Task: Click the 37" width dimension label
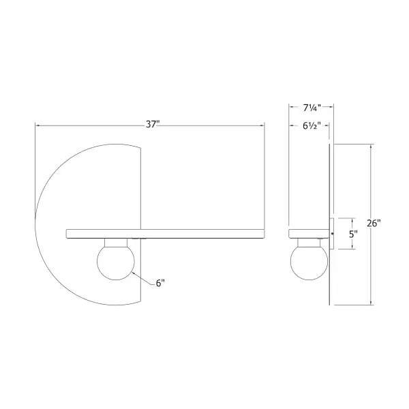click(x=152, y=125)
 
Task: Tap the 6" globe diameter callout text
click(x=161, y=284)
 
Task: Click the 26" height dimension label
click(x=374, y=224)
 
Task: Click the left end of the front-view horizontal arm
click(x=67, y=233)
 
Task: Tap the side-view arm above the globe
click(x=308, y=233)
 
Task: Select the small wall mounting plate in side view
click(x=331, y=234)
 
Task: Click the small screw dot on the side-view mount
click(x=333, y=234)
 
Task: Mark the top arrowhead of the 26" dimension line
click(x=370, y=147)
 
